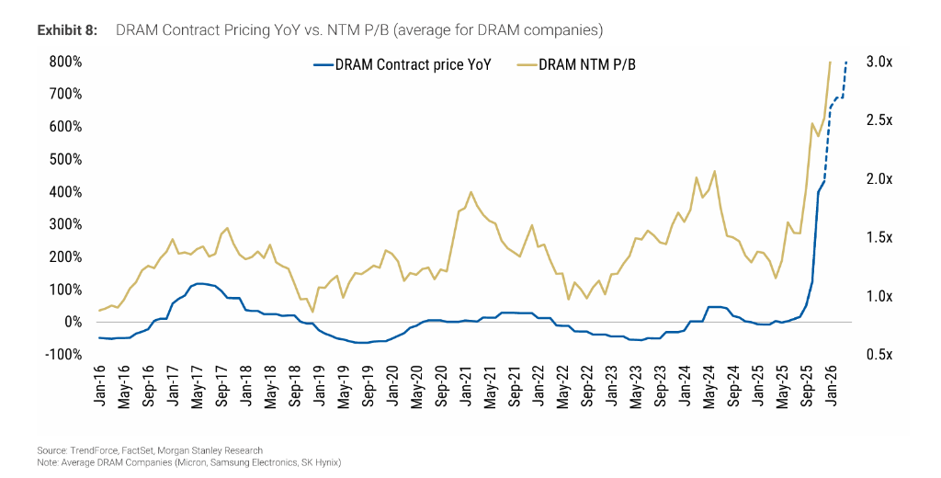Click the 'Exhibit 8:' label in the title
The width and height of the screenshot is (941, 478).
point(67,30)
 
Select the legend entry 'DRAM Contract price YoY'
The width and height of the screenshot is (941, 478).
point(410,65)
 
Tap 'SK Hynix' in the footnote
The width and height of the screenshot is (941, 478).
point(322,461)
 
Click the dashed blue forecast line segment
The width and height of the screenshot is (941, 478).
point(834,101)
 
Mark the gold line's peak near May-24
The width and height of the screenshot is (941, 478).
point(714,171)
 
